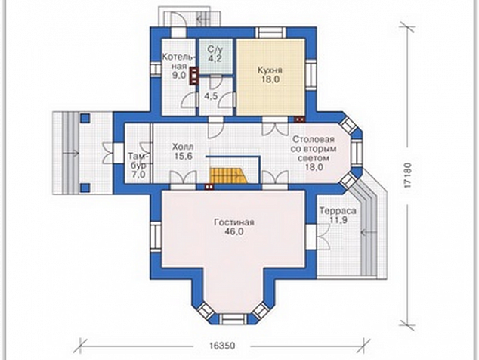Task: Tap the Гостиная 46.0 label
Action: pyautogui.click(x=234, y=227)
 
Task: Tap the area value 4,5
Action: pyautogui.click(x=211, y=96)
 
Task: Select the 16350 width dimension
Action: pyautogui.click(x=222, y=346)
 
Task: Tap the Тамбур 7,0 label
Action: pyautogui.click(x=137, y=165)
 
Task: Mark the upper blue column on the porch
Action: pyautogui.click(x=85, y=118)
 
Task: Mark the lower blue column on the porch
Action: pyautogui.click(x=85, y=188)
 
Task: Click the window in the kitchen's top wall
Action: pyautogui.click(x=271, y=33)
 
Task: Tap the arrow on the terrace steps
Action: pyautogui.click(x=368, y=233)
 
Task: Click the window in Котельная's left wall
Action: pyautogui.click(x=156, y=68)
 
